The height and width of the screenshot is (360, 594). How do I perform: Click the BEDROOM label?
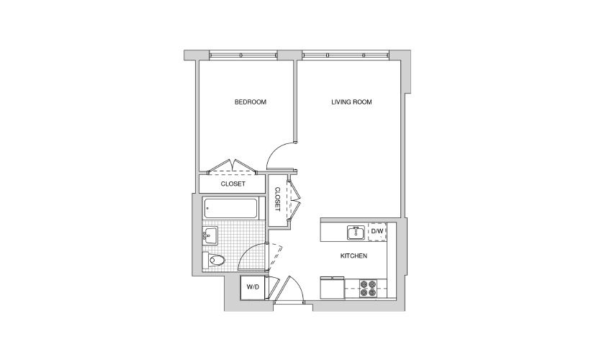point(251,102)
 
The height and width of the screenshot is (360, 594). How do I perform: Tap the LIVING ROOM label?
point(351,102)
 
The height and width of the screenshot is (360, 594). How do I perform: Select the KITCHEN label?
point(354,256)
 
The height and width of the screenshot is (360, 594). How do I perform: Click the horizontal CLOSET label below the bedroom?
point(233,184)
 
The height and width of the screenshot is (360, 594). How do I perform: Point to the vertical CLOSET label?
point(277,199)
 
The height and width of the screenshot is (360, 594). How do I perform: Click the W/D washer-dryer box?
point(253,287)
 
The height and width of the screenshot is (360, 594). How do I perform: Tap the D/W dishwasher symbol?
point(377,231)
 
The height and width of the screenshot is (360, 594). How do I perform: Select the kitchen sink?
point(356,233)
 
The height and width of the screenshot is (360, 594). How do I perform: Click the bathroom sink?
point(210,235)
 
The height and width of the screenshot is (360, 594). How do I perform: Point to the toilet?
point(214,260)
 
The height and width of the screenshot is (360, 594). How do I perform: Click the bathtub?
point(230,208)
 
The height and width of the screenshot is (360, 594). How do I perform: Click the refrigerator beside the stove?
point(332,287)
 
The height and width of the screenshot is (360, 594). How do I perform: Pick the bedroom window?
point(243,55)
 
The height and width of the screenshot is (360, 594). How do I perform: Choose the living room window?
point(346,55)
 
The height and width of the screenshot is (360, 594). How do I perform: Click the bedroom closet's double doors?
point(233,167)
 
